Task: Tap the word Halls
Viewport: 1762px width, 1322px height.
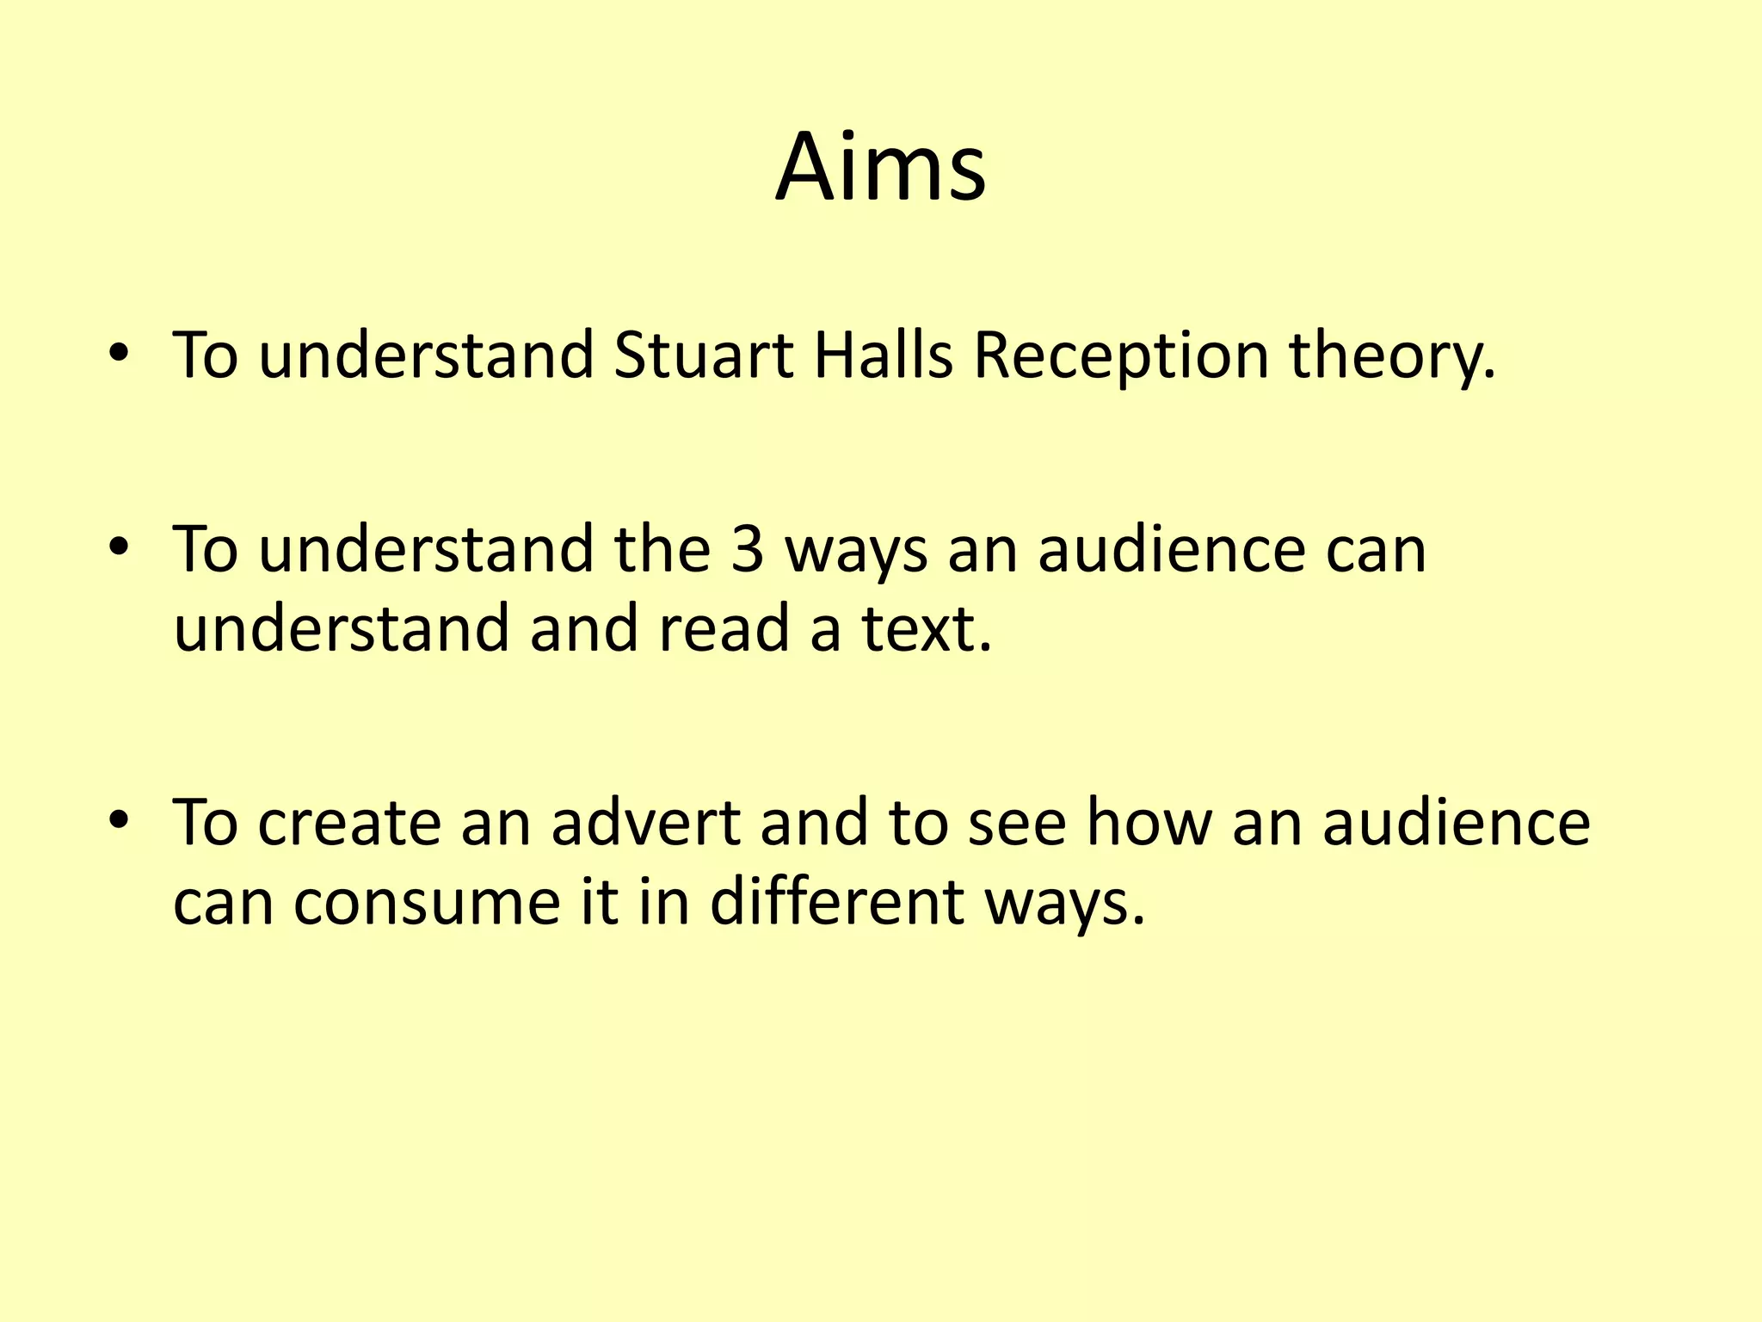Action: coord(883,355)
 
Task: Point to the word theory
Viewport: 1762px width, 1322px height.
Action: coord(1391,357)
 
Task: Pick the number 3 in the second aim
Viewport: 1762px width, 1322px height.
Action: coord(747,549)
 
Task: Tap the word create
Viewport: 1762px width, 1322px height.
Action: coord(348,823)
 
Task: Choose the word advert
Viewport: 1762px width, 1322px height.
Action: coord(645,823)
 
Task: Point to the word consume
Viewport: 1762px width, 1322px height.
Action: coord(427,902)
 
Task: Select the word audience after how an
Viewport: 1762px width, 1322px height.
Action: coord(1456,823)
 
